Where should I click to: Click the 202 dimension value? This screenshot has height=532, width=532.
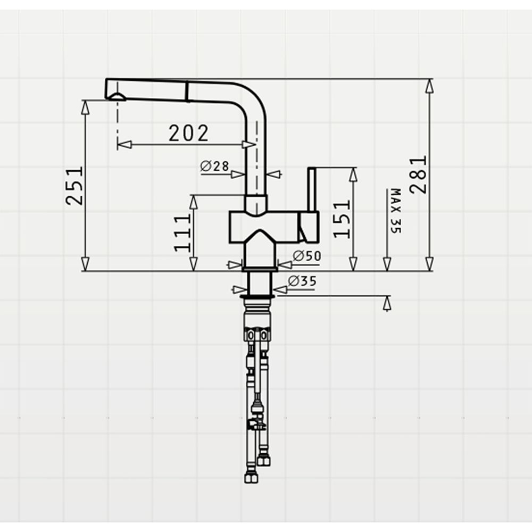pyautogui.click(x=188, y=134)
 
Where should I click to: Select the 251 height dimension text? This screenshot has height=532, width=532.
pyautogui.click(x=74, y=185)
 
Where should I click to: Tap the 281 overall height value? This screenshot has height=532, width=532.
pyautogui.click(x=418, y=174)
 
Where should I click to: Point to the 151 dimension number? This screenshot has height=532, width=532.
pyautogui.click(x=342, y=219)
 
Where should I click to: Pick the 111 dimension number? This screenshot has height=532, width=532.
pyautogui.click(x=182, y=233)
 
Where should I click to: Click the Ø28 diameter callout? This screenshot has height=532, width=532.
pyautogui.click(x=214, y=166)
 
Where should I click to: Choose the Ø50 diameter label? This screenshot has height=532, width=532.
pyautogui.click(x=307, y=256)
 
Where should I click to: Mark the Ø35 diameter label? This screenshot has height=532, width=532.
pyautogui.click(x=302, y=281)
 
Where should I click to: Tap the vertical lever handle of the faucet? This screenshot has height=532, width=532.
pyautogui.click(x=312, y=189)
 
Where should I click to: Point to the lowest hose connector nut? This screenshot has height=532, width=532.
pyautogui.click(x=251, y=478)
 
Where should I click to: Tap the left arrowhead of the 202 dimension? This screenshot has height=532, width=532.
pyautogui.click(x=124, y=145)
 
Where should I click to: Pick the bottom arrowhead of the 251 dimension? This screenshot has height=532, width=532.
pyautogui.click(x=85, y=264)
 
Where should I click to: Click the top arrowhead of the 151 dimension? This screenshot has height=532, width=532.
pyautogui.click(x=353, y=174)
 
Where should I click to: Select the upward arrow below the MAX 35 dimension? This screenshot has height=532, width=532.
pyautogui.click(x=387, y=303)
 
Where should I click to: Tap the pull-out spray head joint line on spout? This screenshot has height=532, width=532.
pyautogui.click(x=187, y=91)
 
